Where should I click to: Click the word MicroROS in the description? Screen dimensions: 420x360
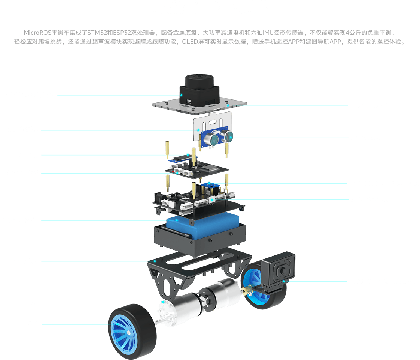(37, 33)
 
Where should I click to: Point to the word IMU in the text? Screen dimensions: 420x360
(268, 33)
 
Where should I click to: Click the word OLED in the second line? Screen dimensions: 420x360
(190, 42)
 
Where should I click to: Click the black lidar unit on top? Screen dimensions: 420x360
(199, 90)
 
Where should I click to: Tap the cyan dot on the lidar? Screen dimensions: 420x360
(181, 95)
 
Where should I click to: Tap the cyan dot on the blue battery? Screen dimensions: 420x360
(177, 220)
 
